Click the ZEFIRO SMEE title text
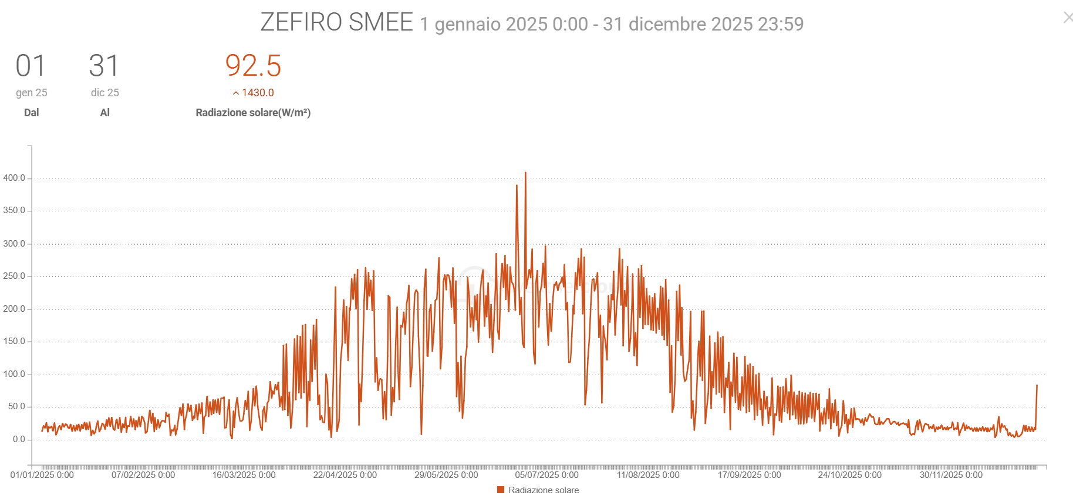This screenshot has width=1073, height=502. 336,23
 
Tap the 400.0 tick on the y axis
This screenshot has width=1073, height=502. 14,178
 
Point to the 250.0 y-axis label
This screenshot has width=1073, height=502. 14,276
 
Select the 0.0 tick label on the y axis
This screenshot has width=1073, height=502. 19,439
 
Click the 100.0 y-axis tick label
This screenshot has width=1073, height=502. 14,374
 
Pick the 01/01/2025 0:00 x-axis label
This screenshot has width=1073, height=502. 42,475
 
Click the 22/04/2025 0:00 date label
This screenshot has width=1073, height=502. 345,475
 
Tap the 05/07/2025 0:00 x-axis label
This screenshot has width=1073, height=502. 546,475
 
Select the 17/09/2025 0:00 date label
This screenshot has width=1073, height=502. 749,475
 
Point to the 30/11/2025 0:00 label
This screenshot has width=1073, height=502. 951,475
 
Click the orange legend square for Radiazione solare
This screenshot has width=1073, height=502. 501,490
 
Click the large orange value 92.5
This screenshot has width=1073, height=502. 253,66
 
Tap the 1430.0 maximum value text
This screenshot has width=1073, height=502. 258,93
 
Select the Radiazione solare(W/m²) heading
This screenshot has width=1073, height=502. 253,113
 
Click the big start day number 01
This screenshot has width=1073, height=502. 31,66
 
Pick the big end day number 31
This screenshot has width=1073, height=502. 104,66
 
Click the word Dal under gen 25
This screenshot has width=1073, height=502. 32,113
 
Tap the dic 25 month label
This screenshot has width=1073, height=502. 104,93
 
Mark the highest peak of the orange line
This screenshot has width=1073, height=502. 525,173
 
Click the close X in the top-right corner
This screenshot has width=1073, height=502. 1068,18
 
